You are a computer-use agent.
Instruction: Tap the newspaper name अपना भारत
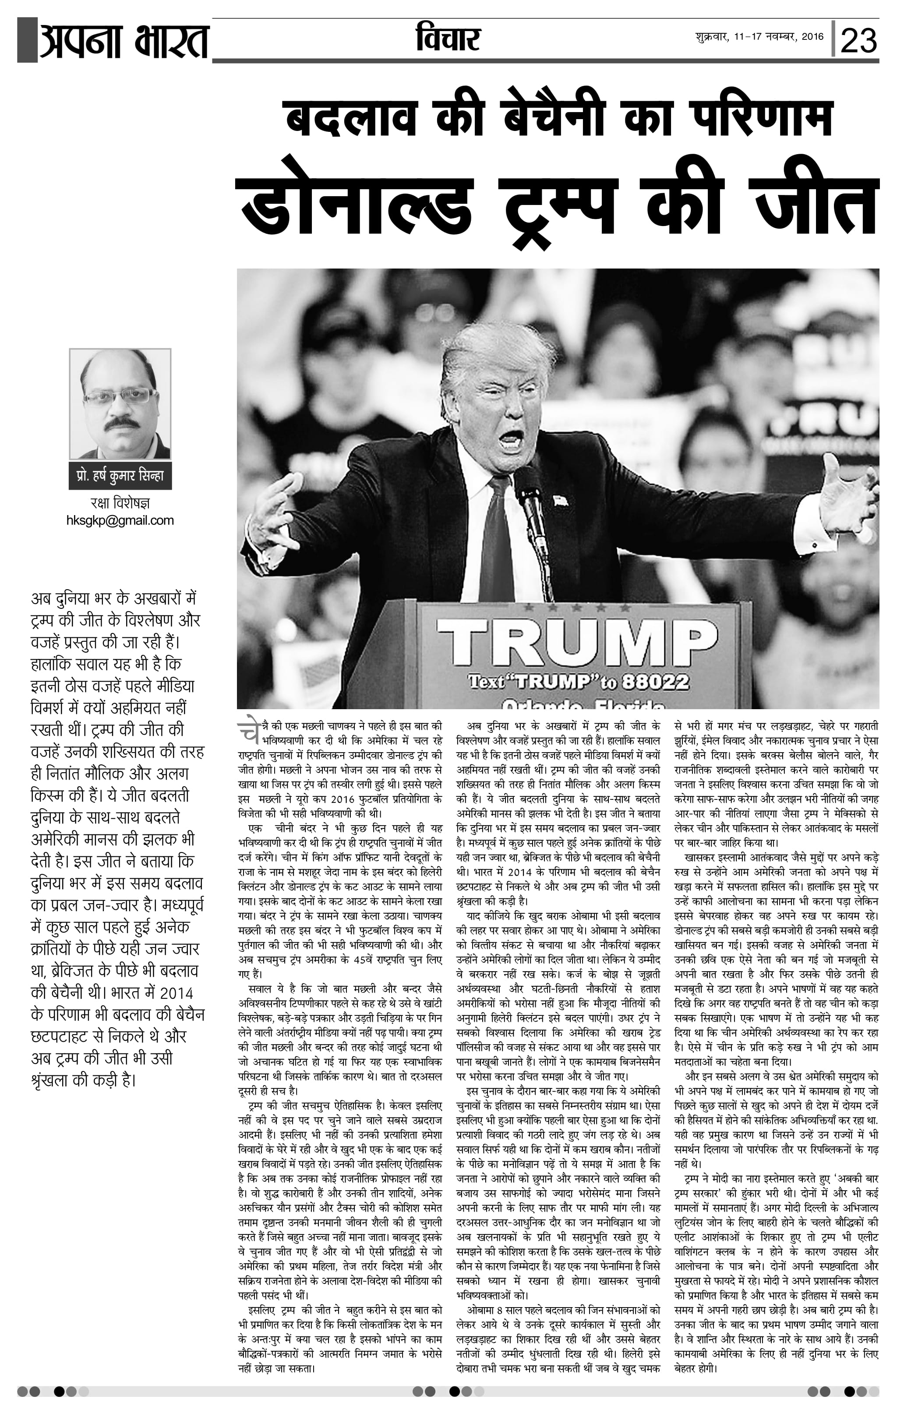point(123,41)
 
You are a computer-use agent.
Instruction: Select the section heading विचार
point(448,39)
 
